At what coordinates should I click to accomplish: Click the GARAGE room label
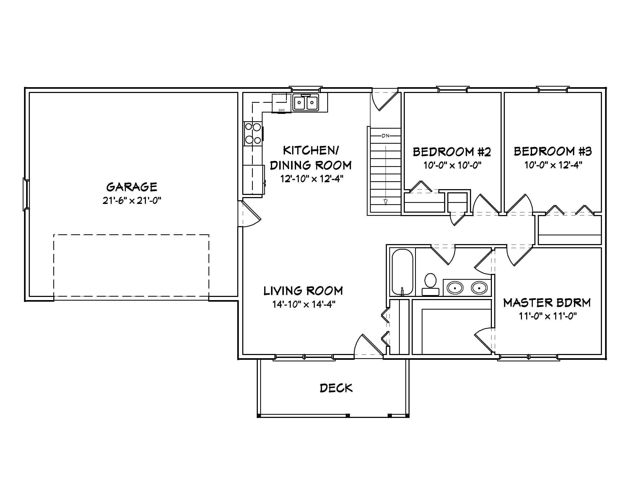[132, 187]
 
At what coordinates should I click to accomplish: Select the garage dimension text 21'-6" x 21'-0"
[132, 200]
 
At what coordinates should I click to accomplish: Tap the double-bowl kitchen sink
[306, 103]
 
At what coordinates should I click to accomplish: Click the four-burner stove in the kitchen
[253, 134]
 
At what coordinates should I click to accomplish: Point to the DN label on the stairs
[386, 136]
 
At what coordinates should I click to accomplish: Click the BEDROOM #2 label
[452, 152]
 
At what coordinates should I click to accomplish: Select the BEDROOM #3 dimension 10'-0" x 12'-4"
[553, 165]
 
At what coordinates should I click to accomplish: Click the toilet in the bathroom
[430, 284]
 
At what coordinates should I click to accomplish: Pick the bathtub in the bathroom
[402, 272]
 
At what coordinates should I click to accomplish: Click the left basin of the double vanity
[455, 288]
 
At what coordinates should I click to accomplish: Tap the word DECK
[336, 388]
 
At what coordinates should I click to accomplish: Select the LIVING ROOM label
[303, 291]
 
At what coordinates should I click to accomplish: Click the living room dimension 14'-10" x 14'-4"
[304, 304]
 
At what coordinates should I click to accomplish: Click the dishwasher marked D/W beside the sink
[281, 103]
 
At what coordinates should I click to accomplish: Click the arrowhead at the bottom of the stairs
[386, 202]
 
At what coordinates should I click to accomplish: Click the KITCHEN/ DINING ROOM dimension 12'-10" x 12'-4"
[312, 179]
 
